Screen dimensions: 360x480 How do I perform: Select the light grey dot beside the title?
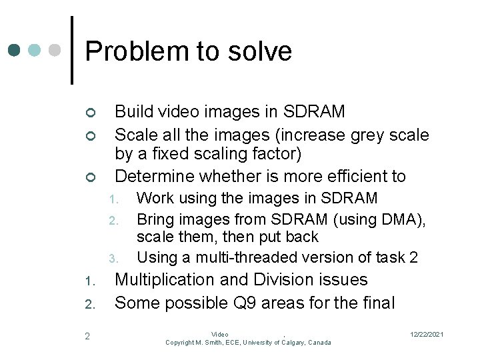coord(55,50)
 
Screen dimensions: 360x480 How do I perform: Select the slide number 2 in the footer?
coord(87,336)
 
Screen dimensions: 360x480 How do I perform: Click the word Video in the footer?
coord(219,334)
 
